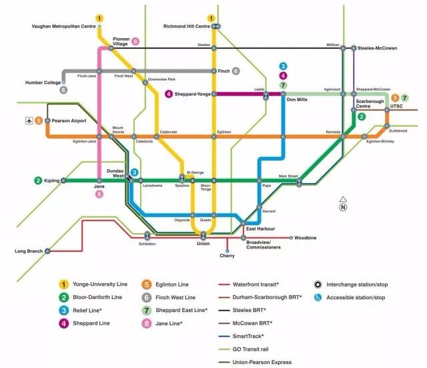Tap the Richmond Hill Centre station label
point(186,27)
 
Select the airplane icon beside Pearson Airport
point(28,121)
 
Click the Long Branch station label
point(29,251)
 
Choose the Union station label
point(203,243)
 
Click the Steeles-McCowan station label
point(378,48)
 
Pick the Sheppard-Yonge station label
point(194,94)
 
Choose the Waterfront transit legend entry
point(256,285)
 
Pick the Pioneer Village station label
point(121,43)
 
